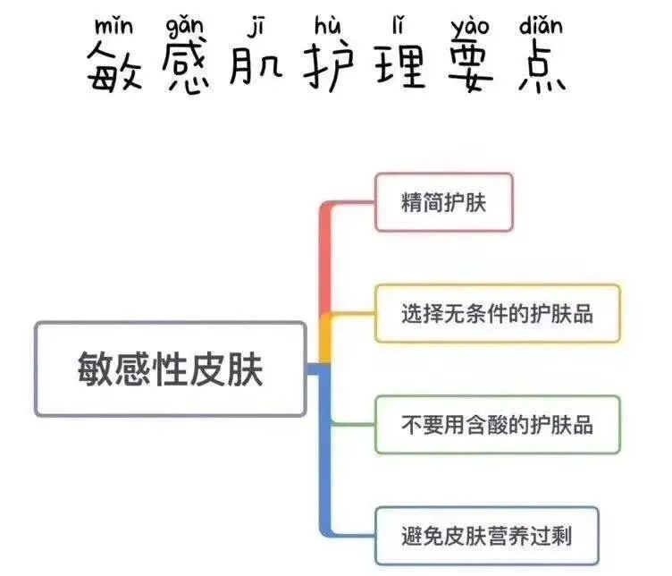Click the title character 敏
[x=114, y=68]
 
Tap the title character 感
[x=186, y=68]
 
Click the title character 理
[x=399, y=66]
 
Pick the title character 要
[x=470, y=68]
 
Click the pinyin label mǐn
[x=113, y=21]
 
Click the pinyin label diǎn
[x=540, y=21]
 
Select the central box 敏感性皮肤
[x=169, y=368]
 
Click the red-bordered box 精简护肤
[x=443, y=202]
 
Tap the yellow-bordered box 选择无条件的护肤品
[x=497, y=313]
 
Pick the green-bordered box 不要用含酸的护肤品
[x=497, y=424]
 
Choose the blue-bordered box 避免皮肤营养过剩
[x=486, y=535]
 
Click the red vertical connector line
[x=326, y=259]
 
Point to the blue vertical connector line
[x=326, y=447]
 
